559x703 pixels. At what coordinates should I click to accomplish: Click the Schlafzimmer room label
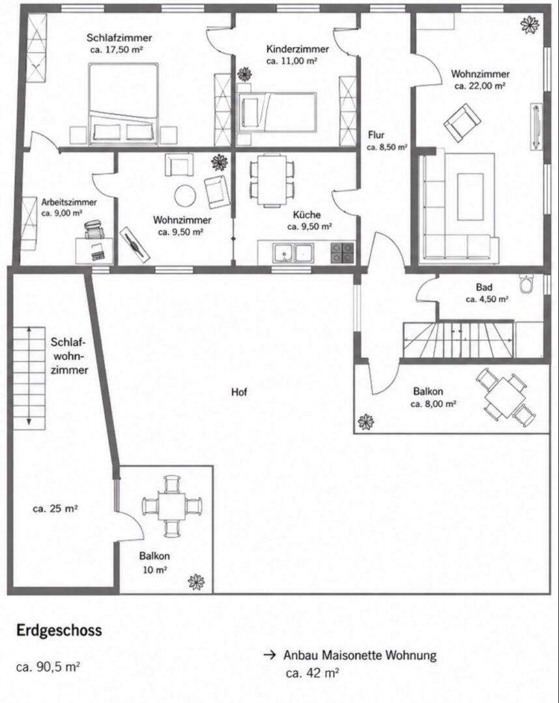pyautogui.click(x=119, y=38)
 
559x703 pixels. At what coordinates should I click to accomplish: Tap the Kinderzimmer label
pyautogui.click(x=298, y=49)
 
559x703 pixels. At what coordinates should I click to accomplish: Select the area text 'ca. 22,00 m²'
pyautogui.click(x=480, y=86)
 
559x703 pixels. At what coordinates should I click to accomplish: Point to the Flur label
pyautogui.click(x=376, y=135)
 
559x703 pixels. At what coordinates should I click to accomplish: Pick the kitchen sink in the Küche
pyautogui.click(x=294, y=253)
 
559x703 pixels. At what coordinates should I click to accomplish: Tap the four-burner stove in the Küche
pyautogui.click(x=342, y=253)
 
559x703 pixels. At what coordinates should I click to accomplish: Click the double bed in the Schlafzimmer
pyautogui.click(x=124, y=103)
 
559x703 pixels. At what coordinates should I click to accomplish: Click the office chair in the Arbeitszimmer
pyautogui.click(x=94, y=229)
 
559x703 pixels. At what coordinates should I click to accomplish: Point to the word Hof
pyautogui.click(x=239, y=393)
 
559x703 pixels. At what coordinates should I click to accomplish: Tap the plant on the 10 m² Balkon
pyautogui.click(x=197, y=581)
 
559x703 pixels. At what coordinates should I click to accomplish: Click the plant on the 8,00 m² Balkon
pyautogui.click(x=365, y=421)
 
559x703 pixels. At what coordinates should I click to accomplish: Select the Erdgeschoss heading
pyautogui.click(x=59, y=630)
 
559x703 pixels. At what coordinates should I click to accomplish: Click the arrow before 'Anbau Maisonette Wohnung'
pyautogui.click(x=269, y=655)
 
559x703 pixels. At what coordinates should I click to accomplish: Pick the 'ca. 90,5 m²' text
pyautogui.click(x=48, y=667)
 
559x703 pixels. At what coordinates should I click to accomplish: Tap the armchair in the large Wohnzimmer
pyautogui.click(x=462, y=122)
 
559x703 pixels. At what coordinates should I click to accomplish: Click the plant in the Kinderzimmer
pyautogui.click(x=245, y=73)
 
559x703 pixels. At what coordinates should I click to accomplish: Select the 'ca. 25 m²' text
pyautogui.click(x=55, y=509)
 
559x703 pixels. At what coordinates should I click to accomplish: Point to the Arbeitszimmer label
pyautogui.click(x=69, y=202)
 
